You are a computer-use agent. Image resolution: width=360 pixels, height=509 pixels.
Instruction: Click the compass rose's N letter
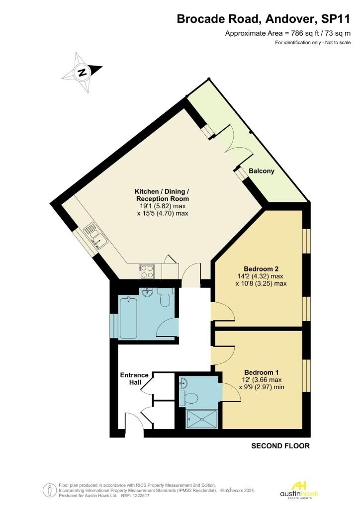(83, 72)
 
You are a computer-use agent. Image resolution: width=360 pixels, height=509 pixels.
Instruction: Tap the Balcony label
(262, 171)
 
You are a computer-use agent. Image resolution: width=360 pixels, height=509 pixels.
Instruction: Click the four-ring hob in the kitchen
(147, 271)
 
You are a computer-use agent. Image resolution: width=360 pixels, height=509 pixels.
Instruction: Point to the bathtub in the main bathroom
(129, 317)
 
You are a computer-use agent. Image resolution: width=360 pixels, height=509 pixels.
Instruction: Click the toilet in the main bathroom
(165, 297)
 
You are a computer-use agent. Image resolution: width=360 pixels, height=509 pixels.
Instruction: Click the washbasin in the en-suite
(183, 384)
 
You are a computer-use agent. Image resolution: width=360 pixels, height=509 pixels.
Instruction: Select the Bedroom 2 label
(261, 269)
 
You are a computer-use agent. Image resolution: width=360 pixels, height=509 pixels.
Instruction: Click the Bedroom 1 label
(262, 372)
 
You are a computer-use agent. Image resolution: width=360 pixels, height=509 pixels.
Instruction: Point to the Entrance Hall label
(134, 378)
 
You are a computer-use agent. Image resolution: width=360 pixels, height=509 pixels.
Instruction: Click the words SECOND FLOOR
(280, 446)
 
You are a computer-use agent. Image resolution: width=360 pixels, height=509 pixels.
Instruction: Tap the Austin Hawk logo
(299, 490)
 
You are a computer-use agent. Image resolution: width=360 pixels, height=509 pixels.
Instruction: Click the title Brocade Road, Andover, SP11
(264, 19)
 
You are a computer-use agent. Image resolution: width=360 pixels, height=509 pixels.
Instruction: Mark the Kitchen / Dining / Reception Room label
(162, 195)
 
